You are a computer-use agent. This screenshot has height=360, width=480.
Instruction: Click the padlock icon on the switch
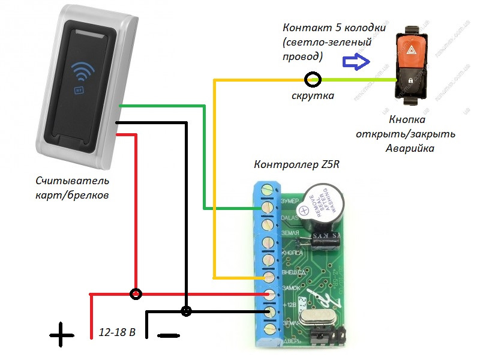click(x=410, y=80)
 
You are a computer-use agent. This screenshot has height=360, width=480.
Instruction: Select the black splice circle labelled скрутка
click(x=313, y=79)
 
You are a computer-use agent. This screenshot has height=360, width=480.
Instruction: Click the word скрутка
click(x=313, y=96)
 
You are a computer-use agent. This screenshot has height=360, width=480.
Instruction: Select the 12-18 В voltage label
click(x=117, y=332)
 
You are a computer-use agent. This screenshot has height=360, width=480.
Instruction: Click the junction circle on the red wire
click(x=137, y=294)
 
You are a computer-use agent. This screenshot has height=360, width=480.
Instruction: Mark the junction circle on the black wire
click(x=187, y=311)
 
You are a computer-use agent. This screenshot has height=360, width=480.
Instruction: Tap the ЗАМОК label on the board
click(x=290, y=289)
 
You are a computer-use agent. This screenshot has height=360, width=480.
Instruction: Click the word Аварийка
click(x=409, y=148)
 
